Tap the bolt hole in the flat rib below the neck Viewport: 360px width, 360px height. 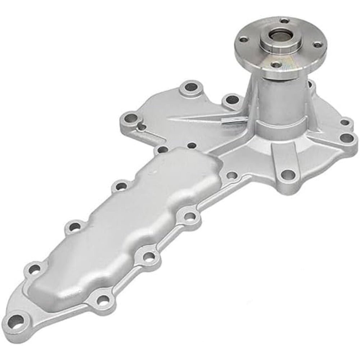[286, 176]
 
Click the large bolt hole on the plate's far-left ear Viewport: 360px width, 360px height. [131, 117]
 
